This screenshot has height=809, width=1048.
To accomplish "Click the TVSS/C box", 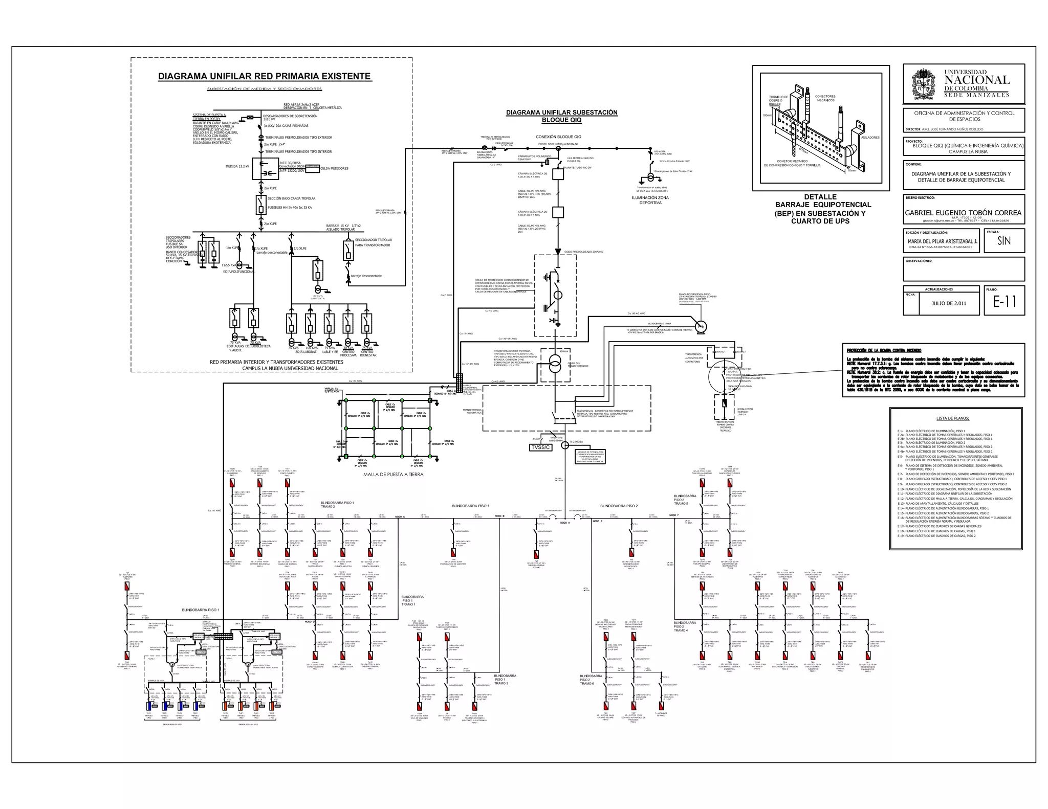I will [x=541, y=447].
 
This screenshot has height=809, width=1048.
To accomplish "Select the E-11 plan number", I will [x=1004, y=302].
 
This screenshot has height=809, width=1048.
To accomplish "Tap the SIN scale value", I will [x=1003, y=241].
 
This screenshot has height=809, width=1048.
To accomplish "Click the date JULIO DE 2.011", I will [x=949, y=303].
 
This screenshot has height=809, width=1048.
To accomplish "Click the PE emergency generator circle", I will [x=701, y=326].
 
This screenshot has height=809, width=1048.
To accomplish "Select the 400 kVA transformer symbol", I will [x=555, y=365].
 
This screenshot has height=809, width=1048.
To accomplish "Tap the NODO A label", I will [x=564, y=523].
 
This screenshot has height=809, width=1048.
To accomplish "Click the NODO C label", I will [x=400, y=516].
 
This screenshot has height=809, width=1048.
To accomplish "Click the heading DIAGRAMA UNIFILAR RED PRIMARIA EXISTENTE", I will [x=264, y=77].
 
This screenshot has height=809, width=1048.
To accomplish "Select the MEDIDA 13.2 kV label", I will [x=237, y=167].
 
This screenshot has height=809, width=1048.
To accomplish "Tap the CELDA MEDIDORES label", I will [x=334, y=168].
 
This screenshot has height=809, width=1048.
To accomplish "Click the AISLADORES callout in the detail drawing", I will [x=870, y=138].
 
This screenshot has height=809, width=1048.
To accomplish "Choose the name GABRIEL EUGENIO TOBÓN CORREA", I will [x=963, y=213].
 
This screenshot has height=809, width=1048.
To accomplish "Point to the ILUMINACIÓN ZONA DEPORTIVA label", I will [x=650, y=200].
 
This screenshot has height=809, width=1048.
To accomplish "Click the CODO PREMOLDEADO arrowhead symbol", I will [x=558, y=252].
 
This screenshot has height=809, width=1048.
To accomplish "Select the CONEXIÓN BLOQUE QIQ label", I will [x=558, y=137].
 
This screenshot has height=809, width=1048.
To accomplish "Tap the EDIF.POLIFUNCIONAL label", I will [x=238, y=272].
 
